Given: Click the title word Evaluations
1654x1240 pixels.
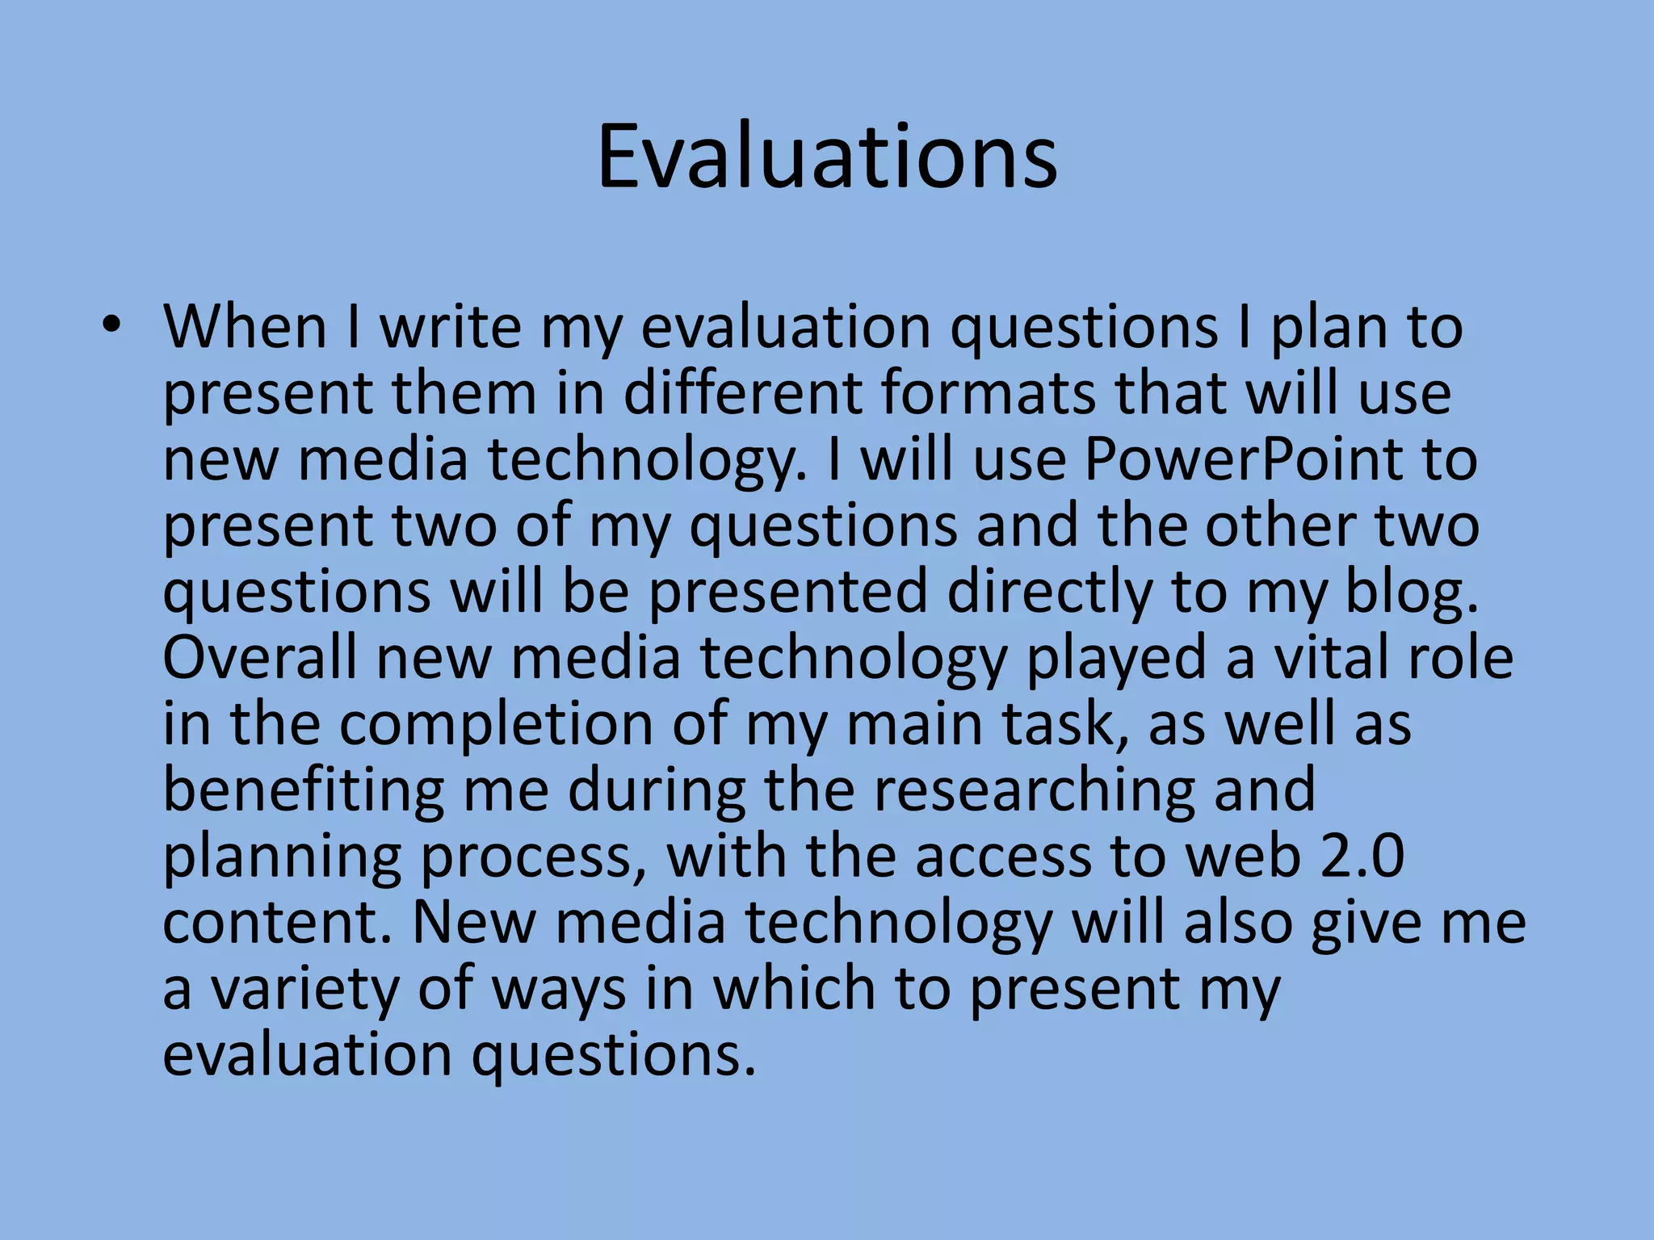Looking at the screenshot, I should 827,157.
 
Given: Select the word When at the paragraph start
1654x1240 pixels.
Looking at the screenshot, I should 245,326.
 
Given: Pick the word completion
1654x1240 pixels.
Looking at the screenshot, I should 496,723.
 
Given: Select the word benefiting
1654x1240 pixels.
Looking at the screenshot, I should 304,790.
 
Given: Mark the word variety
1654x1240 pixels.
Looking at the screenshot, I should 305,988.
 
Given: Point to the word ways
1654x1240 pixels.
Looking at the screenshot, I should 559,990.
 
